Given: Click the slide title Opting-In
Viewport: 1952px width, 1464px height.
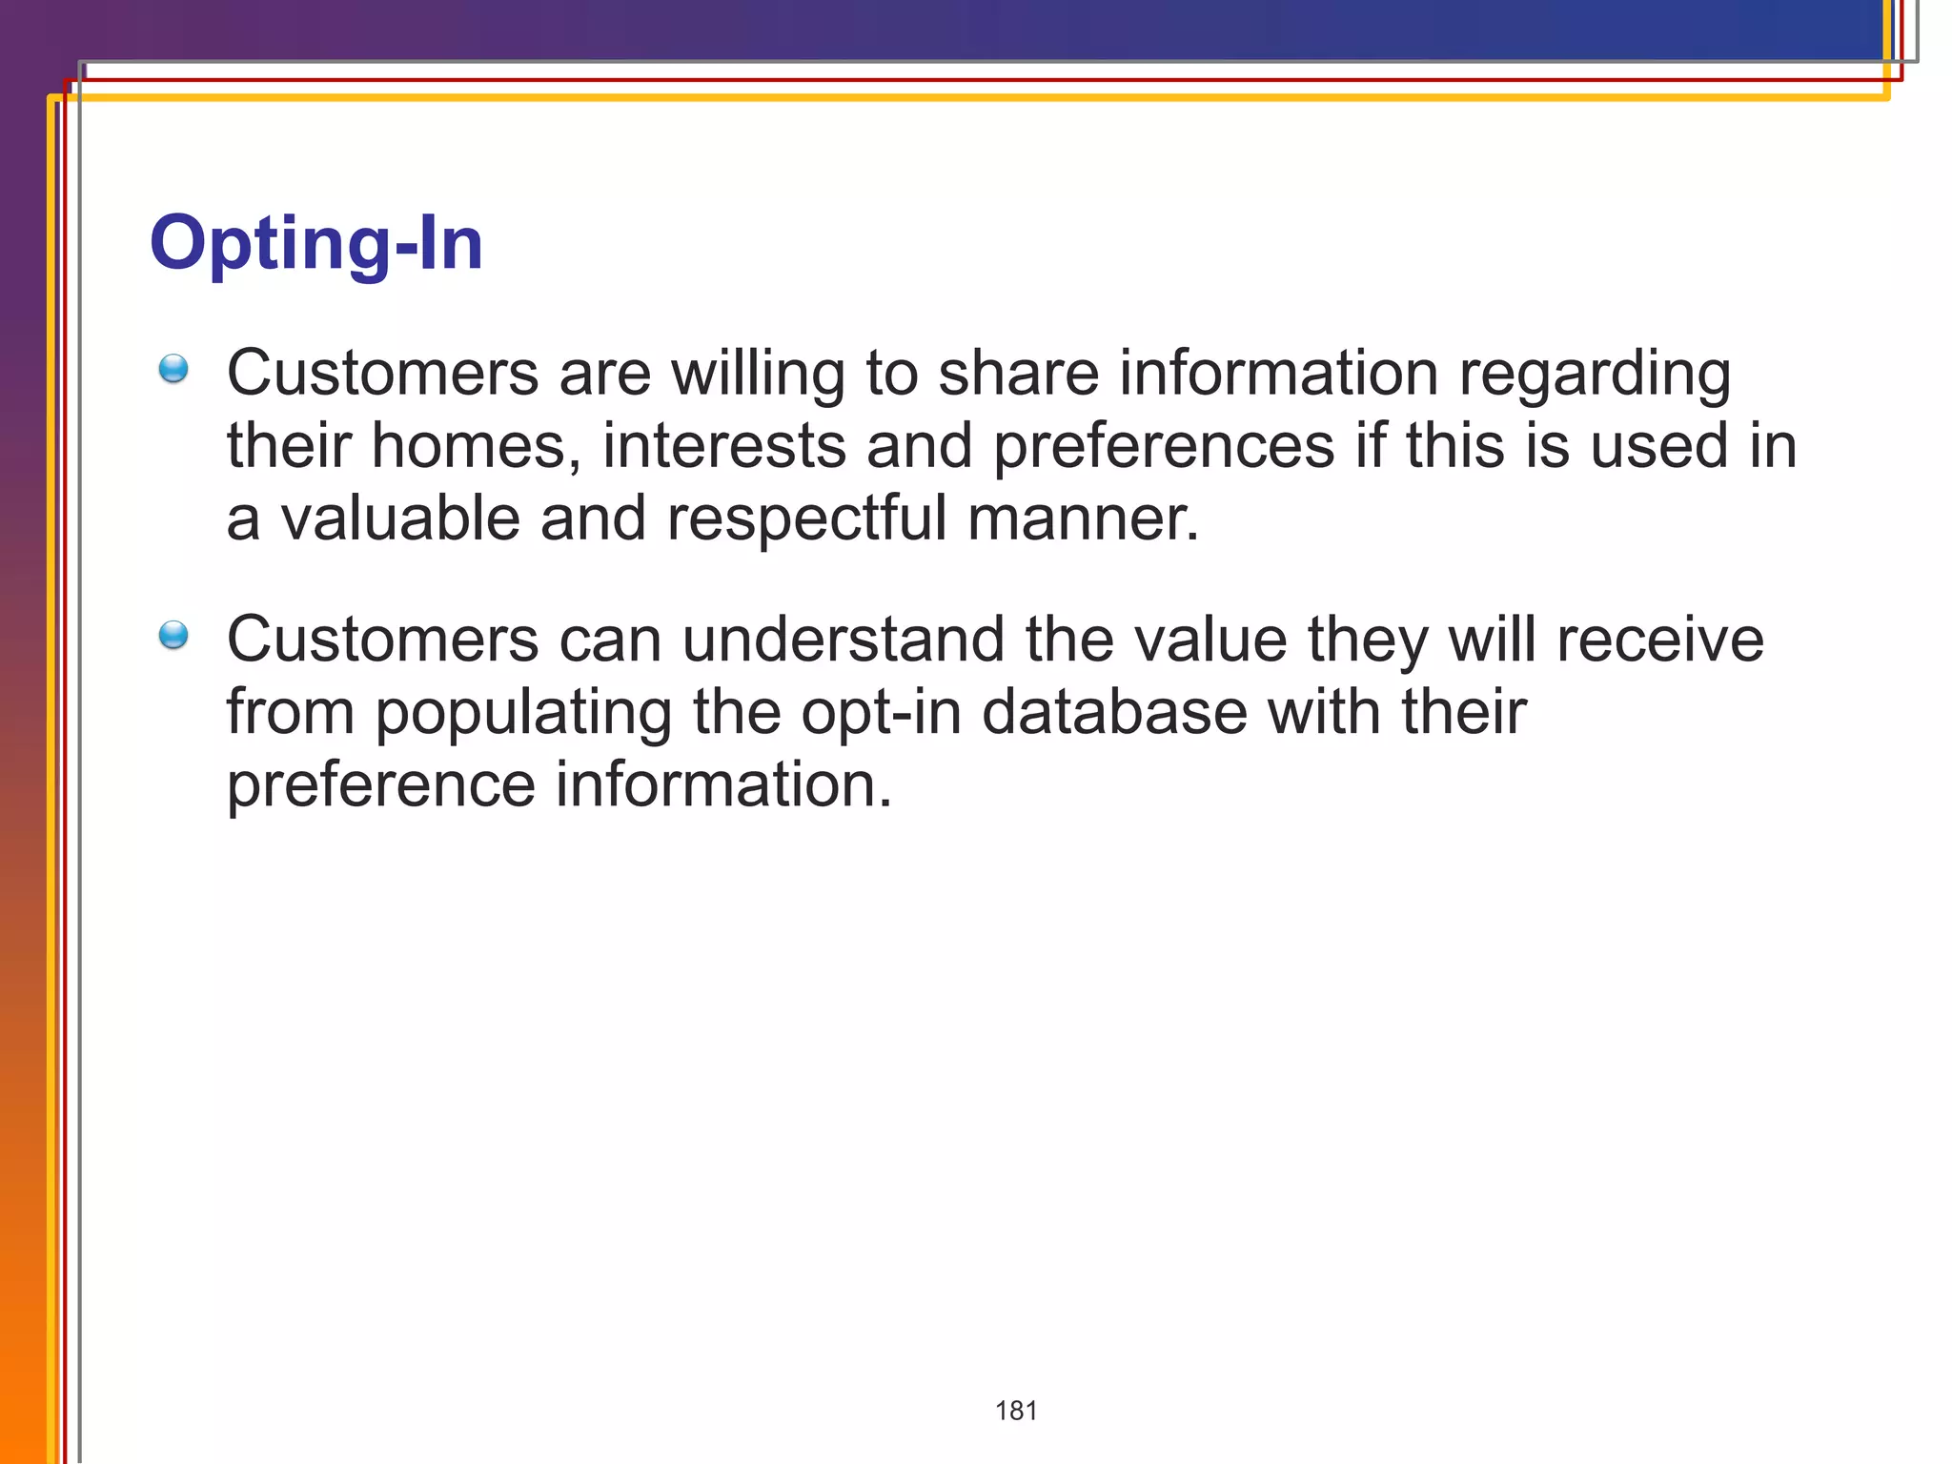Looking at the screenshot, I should [x=316, y=244].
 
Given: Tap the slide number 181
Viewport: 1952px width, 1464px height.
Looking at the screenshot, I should [x=1016, y=1411].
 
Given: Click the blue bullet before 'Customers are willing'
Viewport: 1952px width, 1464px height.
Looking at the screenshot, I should [x=173, y=368].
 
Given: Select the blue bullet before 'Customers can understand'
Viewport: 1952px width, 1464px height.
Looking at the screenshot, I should [x=173, y=634].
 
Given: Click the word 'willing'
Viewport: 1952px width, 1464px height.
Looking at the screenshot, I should [x=758, y=373].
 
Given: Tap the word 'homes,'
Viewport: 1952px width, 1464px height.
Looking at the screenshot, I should [x=477, y=445].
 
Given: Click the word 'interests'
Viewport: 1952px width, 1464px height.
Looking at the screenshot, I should [x=724, y=445].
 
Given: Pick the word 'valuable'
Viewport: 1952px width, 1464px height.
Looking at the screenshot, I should [x=400, y=518].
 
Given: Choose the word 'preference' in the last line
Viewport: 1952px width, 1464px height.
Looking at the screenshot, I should [x=381, y=787].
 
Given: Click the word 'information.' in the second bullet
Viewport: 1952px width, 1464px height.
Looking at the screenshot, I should [x=723, y=785].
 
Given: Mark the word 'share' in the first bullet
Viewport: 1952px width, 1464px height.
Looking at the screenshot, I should [x=1018, y=373].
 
